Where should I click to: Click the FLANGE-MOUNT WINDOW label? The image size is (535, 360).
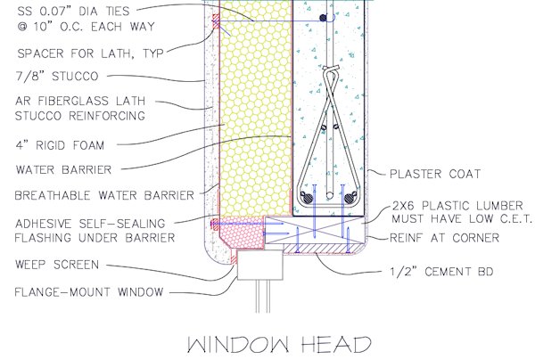point(78,290)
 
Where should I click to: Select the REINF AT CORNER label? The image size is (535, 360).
point(452,238)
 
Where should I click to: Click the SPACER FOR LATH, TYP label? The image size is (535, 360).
point(86,51)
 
